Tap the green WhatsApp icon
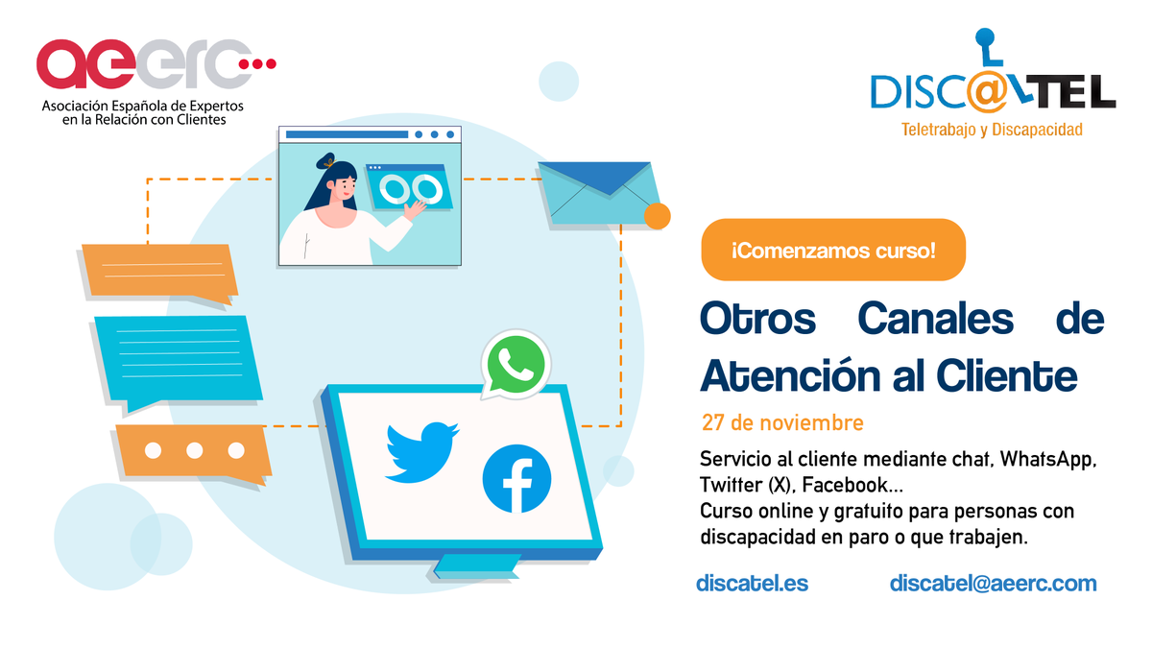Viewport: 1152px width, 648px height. pyautogui.click(x=515, y=364)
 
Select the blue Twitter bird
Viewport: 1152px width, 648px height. pyautogui.click(x=421, y=449)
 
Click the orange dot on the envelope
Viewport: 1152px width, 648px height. pyautogui.click(x=657, y=216)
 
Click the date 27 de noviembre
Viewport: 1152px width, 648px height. pyautogui.click(x=782, y=422)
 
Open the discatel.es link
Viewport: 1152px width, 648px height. pyautogui.click(x=752, y=583)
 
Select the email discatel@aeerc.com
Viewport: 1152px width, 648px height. pyautogui.click(x=993, y=583)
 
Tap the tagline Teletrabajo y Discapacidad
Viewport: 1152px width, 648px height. pyautogui.click(x=992, y=129)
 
